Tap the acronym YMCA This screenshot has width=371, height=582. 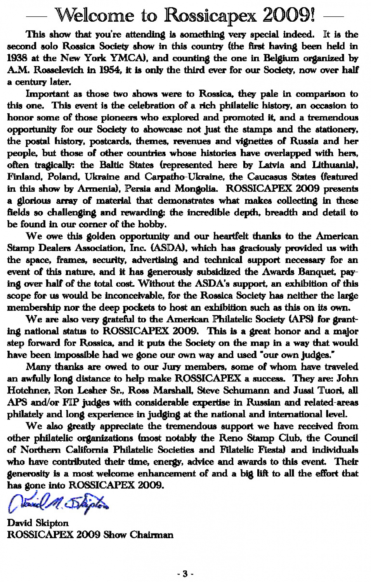128,58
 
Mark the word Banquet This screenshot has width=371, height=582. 317,272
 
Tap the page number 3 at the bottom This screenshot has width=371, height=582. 185,573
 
